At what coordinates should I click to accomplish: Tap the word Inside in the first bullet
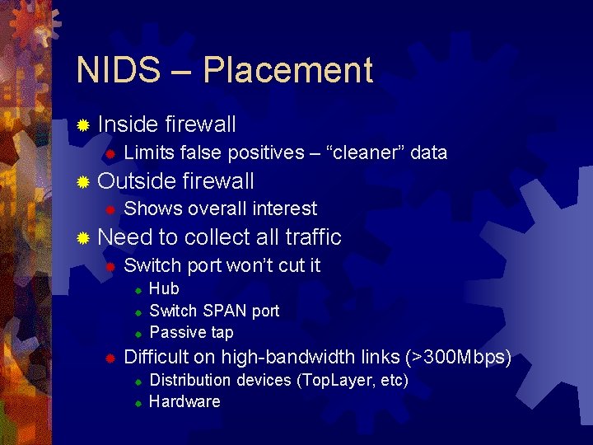(128, 124)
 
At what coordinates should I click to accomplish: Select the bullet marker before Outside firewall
(82, 182)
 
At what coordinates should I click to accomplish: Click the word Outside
(136, 181)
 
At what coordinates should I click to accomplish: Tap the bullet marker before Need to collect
(82, 238)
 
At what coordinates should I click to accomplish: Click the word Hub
(164, 288)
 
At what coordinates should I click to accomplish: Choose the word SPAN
(223, 311)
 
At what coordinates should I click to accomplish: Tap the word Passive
(175, 332)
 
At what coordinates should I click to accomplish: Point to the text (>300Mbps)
(458, 358)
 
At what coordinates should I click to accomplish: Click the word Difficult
(156, 358)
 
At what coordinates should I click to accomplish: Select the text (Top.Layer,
(337, 380)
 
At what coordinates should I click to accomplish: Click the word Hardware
(184, 401)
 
